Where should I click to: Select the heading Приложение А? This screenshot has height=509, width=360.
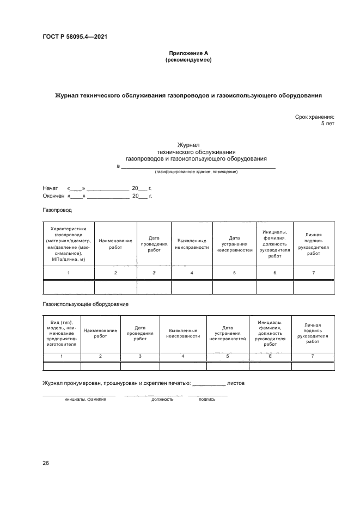(x=188, y=53)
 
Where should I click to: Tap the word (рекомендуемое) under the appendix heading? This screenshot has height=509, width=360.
(x=188, y=60)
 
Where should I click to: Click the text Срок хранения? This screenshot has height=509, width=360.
(x=314, y=117)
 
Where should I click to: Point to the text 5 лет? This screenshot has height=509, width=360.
(x=327, y=124)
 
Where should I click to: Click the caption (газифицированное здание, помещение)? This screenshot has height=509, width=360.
(x=196, y=172)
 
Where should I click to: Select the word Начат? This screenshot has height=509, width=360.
(x=51, y=188)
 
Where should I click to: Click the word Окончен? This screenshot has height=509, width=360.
(x=53, y=196)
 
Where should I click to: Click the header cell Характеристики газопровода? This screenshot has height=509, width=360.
(x=69, y=244)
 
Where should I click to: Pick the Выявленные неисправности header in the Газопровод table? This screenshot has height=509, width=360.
(x=192, y=244)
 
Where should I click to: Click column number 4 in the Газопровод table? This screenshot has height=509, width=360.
(x=192, y=272)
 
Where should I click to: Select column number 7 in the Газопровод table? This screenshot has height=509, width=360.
(x=314, y=272)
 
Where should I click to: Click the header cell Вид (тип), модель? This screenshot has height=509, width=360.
(x=62, y=333)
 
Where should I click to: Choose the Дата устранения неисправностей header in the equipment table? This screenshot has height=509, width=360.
(x=228, y=333)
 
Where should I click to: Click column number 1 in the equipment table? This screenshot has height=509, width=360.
(x=62, y=356)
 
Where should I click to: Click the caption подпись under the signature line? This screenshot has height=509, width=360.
(x=207, y=399)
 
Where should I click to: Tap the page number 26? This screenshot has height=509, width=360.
(x=46, y=463)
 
